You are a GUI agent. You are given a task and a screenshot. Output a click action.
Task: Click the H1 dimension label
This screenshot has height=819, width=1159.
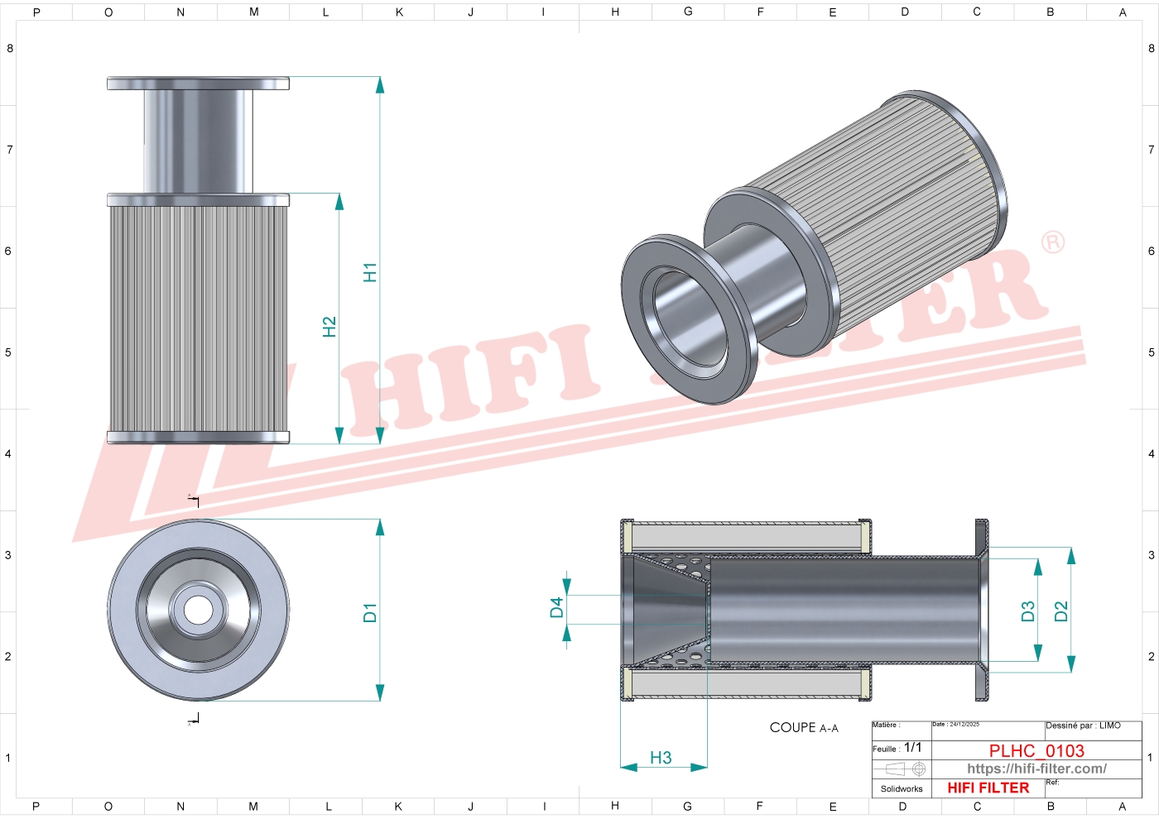point(370,272)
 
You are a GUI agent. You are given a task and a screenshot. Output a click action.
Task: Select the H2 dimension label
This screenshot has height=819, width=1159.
point(329,327)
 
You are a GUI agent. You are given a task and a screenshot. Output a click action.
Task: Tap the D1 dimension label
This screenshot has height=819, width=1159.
point(370,613)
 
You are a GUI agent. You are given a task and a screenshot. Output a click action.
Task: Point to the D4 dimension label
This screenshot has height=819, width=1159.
point(556,608)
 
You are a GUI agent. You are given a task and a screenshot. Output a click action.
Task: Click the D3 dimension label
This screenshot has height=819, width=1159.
point(1028,611)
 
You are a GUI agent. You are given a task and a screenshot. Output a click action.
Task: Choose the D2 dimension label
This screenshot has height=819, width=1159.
point(1061,611)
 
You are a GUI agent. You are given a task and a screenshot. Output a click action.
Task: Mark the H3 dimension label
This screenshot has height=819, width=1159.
point(661,758)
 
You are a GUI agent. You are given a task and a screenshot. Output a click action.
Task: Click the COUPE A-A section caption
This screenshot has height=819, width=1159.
point(803,728)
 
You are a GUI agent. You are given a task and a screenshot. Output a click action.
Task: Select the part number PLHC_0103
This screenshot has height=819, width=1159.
point(1036,751)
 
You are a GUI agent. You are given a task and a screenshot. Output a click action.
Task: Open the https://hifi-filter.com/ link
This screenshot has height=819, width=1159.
point(1036,769)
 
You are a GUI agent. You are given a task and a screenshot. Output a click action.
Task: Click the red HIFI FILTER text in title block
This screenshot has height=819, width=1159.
point(988,788)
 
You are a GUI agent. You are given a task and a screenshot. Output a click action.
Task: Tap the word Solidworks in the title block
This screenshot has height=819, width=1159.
point(902,789)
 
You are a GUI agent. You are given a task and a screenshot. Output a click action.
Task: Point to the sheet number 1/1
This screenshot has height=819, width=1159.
point(912,748)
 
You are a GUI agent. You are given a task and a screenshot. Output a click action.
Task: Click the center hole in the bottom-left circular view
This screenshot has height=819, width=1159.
point(198,611)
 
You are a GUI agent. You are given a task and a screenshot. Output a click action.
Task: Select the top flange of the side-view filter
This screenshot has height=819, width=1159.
point(198,84)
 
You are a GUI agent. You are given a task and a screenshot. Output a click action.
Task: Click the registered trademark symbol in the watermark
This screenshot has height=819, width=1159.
point(1053,242)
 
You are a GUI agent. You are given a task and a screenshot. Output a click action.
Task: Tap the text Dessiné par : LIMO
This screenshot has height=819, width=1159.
point(1083,726)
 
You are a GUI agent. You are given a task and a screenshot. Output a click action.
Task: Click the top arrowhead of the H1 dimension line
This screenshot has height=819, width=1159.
point(380,84)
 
